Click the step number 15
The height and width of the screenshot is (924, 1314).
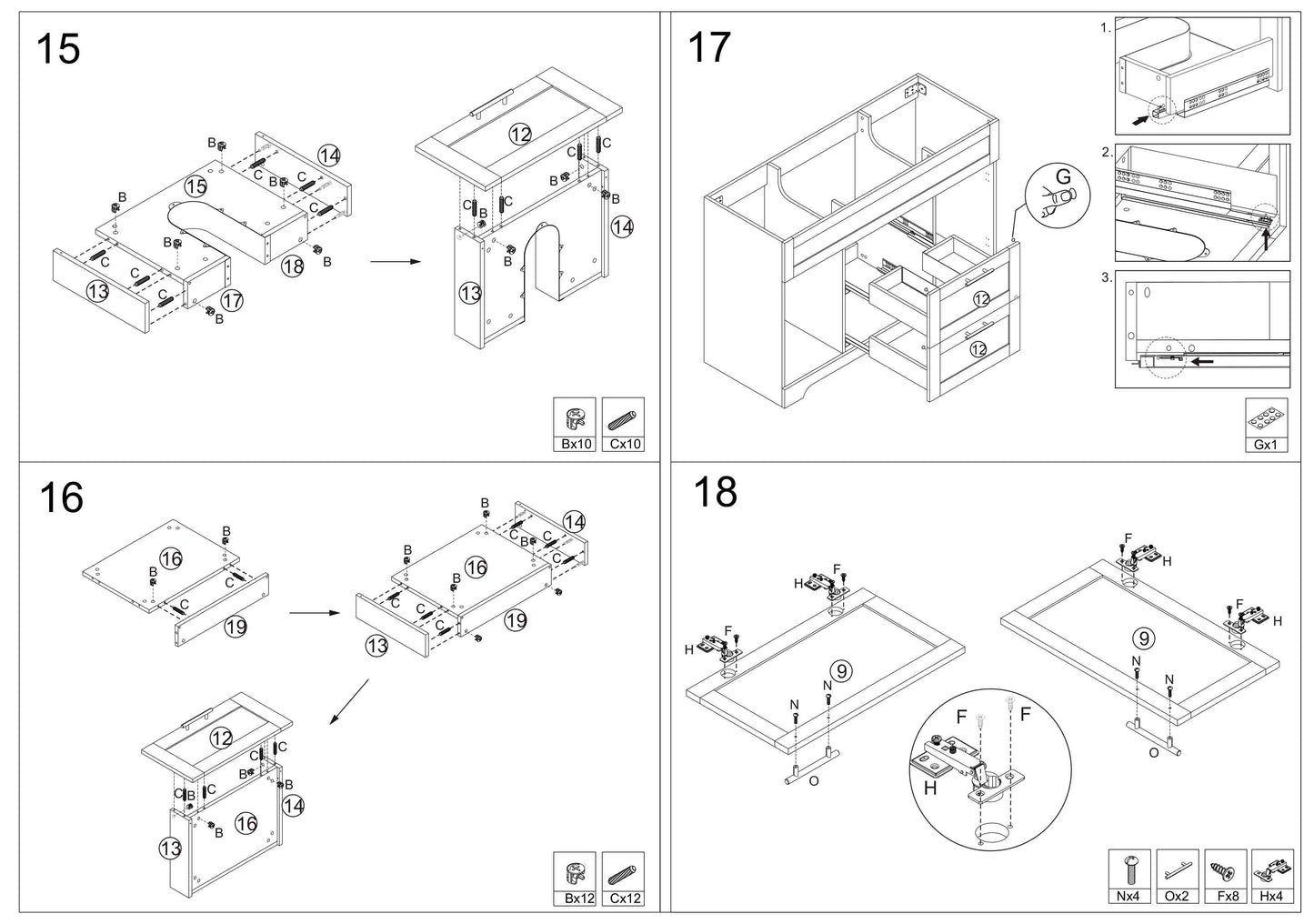coord(58,49)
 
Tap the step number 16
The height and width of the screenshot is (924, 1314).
coord(62,497)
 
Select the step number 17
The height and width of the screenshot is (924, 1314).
coord(709,47)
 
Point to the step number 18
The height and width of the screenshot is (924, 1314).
coord(715,492)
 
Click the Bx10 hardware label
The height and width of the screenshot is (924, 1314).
coord(576,444)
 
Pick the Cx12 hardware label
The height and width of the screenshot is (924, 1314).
coord(625,899)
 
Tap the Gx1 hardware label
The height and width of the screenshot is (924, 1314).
coord(1265,445)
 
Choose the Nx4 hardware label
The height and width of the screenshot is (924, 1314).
coord(1128,897)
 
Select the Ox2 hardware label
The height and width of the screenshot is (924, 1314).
coord(1176,897)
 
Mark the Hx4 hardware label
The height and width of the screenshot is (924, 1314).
coord(1271,897)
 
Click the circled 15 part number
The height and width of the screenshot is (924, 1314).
coord(196,186)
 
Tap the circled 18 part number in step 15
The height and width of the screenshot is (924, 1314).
coord(293,266)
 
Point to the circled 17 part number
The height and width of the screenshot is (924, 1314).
coord(232,300)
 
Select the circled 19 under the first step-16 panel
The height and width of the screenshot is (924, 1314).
coord(236,628)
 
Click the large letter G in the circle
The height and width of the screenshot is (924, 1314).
coord(1063,176)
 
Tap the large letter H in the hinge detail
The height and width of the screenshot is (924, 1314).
coord(929,788)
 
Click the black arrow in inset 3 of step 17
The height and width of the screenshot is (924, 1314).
coord(1202,361)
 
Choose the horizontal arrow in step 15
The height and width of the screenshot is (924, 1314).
coord(396,261)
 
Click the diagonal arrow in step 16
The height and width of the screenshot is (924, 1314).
coord(349,702)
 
